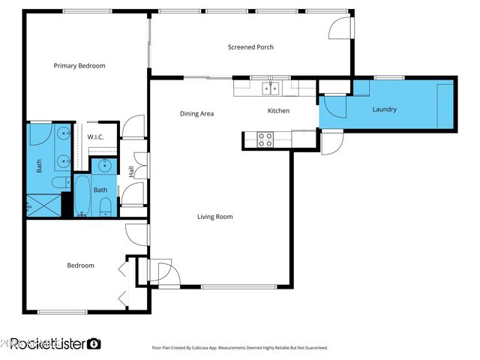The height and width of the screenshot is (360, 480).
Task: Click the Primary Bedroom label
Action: (79, 66)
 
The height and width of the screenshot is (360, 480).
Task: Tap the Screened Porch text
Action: (250, 47)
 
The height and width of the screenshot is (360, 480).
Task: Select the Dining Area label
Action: (196, 114)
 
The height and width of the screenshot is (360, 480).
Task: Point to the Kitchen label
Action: (279, 111)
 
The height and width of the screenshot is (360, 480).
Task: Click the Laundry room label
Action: (384, 110)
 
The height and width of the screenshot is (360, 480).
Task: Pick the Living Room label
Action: (214, 217)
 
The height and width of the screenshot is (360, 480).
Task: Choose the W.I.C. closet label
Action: (95, 137)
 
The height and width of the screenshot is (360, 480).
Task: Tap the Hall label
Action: (132, 172)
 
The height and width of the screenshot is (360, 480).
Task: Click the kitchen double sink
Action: (271, 88)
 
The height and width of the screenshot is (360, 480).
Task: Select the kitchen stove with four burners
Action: (265, 138)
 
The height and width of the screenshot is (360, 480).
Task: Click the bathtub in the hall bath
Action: (82, 195)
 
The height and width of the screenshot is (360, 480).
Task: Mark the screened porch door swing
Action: (340, 28)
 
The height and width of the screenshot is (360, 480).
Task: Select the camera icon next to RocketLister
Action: (94, 344)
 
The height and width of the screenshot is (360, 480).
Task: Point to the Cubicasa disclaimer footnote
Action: (240, 348)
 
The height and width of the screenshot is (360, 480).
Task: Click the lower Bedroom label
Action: (80, 265)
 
